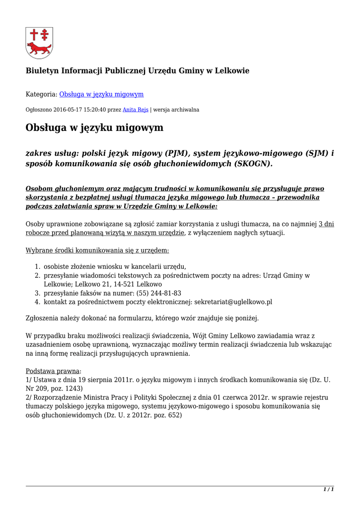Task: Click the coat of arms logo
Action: click(x=39, y=43)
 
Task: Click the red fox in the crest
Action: click(x=39, y=49)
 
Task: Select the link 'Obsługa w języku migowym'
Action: click(x=101, y=94)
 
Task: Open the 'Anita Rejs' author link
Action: click(x=136, y=110)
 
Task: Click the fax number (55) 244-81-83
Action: click(x=157, y=293)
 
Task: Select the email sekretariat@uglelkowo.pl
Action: click(x=233, y=302)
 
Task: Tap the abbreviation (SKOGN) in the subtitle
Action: click(x=253, y=164)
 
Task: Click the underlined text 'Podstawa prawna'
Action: click(x=52, y=371)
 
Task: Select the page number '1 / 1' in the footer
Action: click(x=328, y=490)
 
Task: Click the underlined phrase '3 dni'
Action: click(x=326, y=224)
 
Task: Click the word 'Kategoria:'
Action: click(x=41, y=94)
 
